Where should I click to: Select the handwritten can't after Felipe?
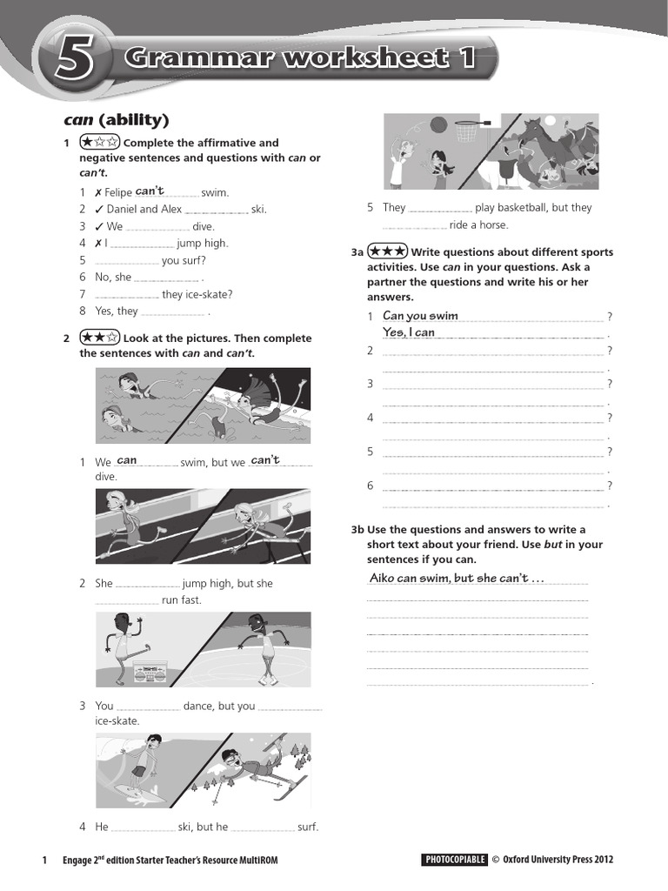(x=150, y=191)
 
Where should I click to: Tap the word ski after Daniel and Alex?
(x=258, y=209)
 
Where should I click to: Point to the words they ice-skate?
(x=197, y=294)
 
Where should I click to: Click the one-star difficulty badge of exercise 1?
(x=99, y=142)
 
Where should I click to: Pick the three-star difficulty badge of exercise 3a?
(x=387, y=251)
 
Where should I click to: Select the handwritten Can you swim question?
(x=420, y=316)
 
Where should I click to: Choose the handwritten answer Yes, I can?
(x=409, y=332)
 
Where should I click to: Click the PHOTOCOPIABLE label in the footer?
(x=454, y=860)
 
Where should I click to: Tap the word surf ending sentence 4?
(x=308, y=827)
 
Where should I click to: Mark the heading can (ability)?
(x=117, y=119)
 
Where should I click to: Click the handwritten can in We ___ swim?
(x=127, y=460)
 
